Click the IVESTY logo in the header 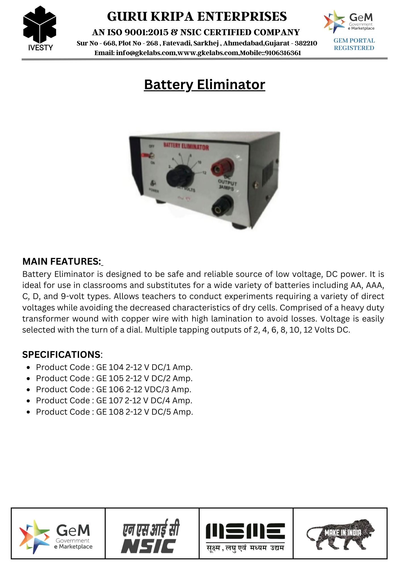[40, 28]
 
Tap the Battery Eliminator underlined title [204, 85]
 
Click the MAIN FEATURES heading [62, 261]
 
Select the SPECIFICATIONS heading [61, 354]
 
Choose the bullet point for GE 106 [28, 390]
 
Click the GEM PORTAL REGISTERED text [354, 44]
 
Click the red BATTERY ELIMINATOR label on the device [186, 147]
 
